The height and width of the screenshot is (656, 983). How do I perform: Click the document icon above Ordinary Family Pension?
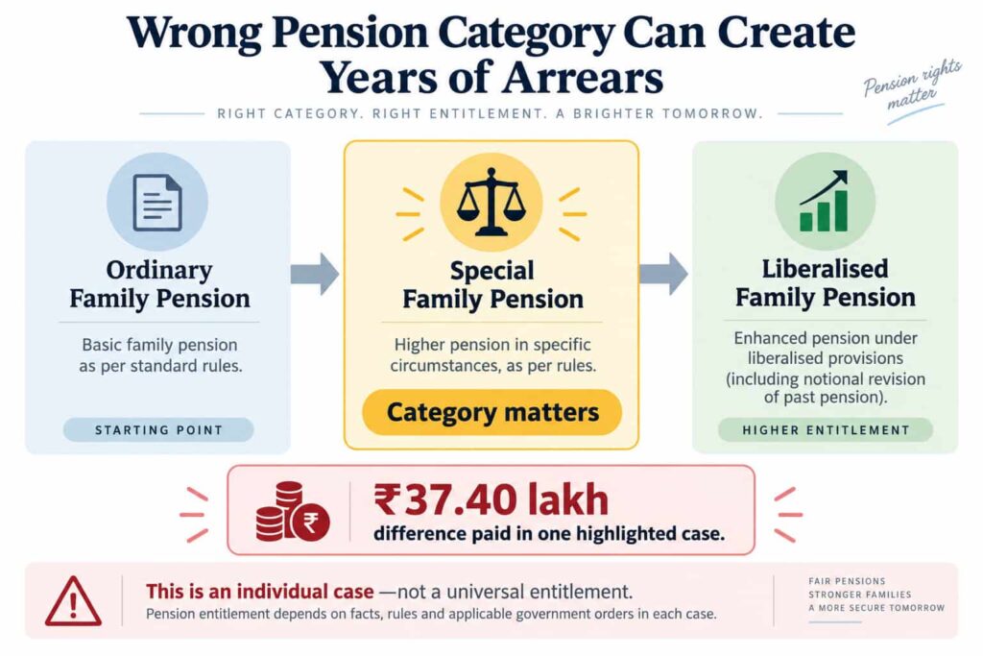click(157, 203)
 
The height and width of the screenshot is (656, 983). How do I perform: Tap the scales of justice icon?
click(491, 202)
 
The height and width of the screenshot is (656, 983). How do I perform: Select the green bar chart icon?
click(824, 202)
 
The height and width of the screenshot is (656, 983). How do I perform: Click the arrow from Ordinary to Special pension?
click(315, 274)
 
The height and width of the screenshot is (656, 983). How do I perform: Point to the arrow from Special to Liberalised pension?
click(663, 274)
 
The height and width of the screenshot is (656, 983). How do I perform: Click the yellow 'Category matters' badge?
click(492, 412)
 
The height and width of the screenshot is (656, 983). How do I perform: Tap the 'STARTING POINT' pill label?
click(158, 429)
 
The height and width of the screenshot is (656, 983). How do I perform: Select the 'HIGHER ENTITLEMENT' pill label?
click(826, 429)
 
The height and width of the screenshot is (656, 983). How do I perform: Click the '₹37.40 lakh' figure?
click(491, 499)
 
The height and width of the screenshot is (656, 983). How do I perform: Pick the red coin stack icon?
click(292, 512)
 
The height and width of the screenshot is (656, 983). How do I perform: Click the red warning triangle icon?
click(73, 601)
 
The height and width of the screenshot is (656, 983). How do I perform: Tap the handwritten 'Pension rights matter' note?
click(912, 86)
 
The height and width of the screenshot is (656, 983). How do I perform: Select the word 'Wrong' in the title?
click(194, 33)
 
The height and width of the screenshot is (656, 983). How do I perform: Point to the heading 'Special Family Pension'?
click(492, 284)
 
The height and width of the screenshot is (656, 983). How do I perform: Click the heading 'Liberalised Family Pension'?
click(825, 282)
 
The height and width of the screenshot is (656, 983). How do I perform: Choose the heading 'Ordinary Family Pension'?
click(159, 284)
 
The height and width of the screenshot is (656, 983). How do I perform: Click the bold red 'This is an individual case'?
click(259, 592)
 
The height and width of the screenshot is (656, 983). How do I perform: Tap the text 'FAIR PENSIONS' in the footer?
click(847, 581)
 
